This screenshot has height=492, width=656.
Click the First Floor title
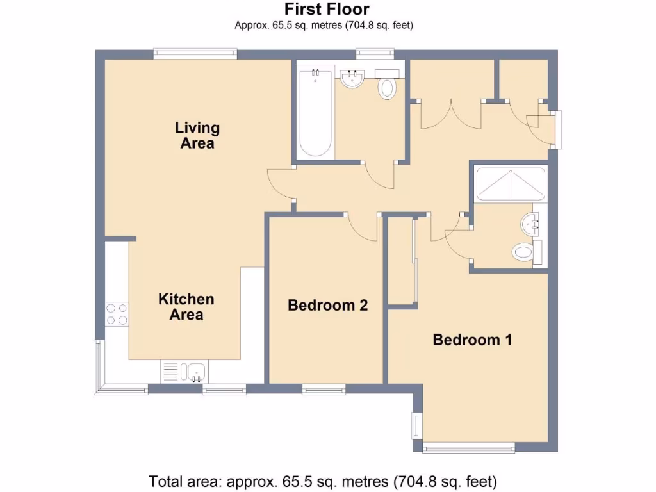click(327, 10)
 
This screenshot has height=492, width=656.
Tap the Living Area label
click(197, 135)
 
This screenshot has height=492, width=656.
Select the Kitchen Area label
click(186, 306)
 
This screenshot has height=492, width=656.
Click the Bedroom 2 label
click(327, 305)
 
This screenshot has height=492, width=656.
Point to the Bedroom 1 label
click(472, 340)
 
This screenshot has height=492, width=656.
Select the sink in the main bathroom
click(352, 79)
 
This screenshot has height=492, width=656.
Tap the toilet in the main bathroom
click(386, 88)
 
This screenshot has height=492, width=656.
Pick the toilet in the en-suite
click(524, 252)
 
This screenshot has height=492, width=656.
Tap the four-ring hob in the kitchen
click(117, 314)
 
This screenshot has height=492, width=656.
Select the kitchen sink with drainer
click(184, 371)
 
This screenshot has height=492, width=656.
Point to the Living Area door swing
click(279, 184)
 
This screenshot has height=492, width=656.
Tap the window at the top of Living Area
click(195, 55)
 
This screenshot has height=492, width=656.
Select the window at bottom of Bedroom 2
click(324, 388)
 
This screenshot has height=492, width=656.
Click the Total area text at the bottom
click(324, 480)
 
